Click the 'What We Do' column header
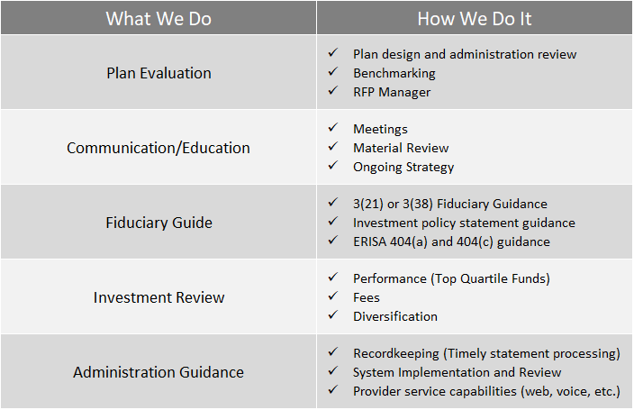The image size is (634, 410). point(158,19)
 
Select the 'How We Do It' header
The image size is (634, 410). point(475,19)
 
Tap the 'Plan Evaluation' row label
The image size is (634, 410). point(158,73)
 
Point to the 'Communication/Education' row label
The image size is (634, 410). point(158,148)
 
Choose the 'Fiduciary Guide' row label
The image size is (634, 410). point(158,223)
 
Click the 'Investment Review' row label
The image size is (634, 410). point(158,297)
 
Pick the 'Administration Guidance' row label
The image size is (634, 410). point(158,372)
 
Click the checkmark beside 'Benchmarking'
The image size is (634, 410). point(333,72)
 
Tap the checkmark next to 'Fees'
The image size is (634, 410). point(333,296)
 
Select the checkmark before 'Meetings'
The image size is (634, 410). point(333,127)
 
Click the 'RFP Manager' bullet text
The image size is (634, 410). point(392,92)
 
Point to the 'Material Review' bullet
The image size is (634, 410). point(401,148)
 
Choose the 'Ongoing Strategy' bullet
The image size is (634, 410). point(403,168)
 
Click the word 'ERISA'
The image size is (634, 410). point(370,241)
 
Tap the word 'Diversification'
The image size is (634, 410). point(395,316)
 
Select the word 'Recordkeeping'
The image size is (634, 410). point(396,354)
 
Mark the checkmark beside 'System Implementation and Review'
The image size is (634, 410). point(333,370)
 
